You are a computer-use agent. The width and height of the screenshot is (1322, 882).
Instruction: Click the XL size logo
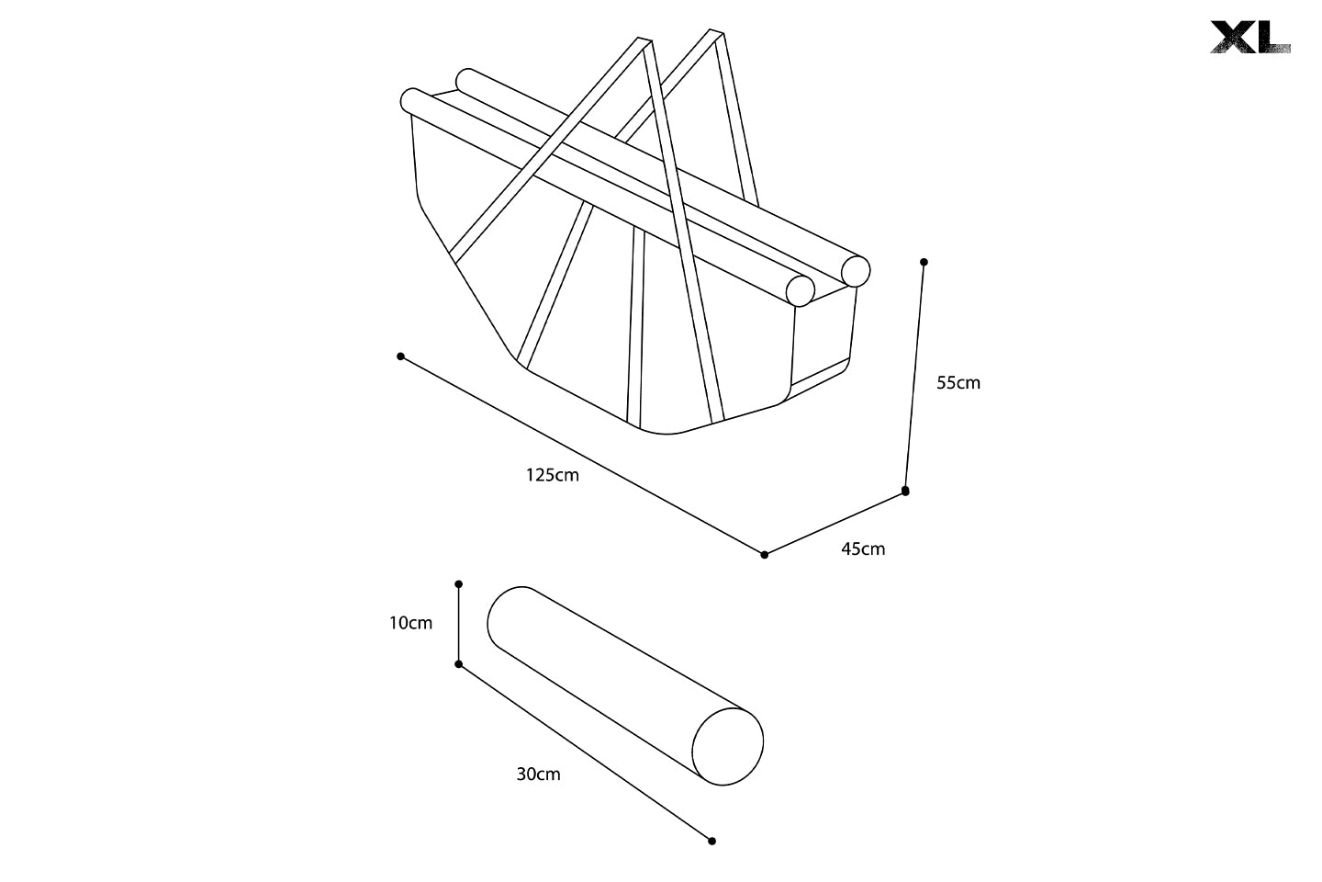(x=1249, y=37)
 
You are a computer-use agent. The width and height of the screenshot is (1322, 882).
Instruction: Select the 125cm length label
(x=552, y=475)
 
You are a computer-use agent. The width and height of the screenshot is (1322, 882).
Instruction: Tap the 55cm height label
(x=958, y=383)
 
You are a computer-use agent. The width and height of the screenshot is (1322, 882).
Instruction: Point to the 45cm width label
(x=863, y=549)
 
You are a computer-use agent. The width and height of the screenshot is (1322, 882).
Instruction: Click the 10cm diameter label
(x=410, y=623)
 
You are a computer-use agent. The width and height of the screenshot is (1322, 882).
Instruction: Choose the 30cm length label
(x=538, y=774)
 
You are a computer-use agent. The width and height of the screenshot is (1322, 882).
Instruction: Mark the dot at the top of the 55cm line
(x=924, y=262)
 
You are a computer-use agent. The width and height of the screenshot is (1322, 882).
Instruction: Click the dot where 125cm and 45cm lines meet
(x=765, y=554)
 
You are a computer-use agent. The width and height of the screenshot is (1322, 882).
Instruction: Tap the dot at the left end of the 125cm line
(x=400, y=356)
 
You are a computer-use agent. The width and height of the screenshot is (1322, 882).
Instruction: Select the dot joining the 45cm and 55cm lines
(x=905, y=492)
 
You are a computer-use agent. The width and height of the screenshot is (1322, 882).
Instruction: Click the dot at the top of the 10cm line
(x=459, y=583)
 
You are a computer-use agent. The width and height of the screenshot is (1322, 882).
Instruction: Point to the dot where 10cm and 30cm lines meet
(x=459, y=663)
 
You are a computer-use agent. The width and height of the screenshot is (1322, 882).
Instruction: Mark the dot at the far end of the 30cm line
(x=711, y=841)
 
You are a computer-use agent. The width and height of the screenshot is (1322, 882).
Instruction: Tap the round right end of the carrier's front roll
(x=801, y=290)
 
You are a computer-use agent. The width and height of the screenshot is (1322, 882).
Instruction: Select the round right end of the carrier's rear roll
(x=856, y=270)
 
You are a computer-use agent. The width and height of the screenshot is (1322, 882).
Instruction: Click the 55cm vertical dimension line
(x=914, y=377)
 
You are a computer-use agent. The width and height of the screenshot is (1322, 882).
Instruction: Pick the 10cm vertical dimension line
(x=459, y=623)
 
